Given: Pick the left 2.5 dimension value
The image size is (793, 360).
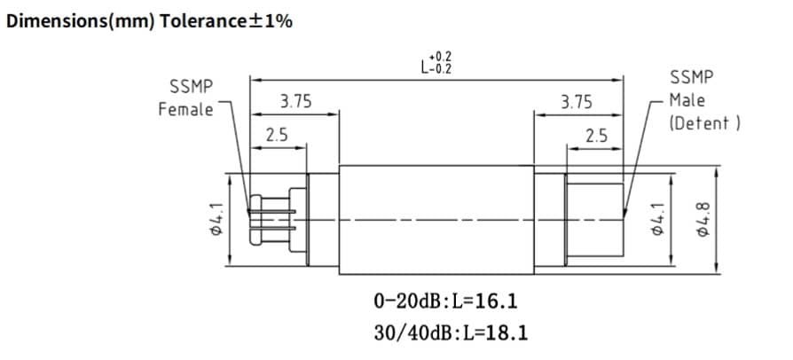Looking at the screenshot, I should [277, 136].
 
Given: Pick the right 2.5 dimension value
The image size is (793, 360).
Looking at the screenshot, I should [596, 136].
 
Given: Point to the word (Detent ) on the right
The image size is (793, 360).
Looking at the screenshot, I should [705, 122].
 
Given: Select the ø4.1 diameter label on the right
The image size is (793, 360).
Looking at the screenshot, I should [656, 218].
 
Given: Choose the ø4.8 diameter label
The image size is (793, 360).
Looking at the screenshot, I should [704, 218].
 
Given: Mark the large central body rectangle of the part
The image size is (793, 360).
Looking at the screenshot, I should [436, 219].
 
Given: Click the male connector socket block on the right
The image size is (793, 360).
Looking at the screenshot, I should [593, 218].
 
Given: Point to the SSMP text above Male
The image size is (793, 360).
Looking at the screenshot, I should [688, 77].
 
